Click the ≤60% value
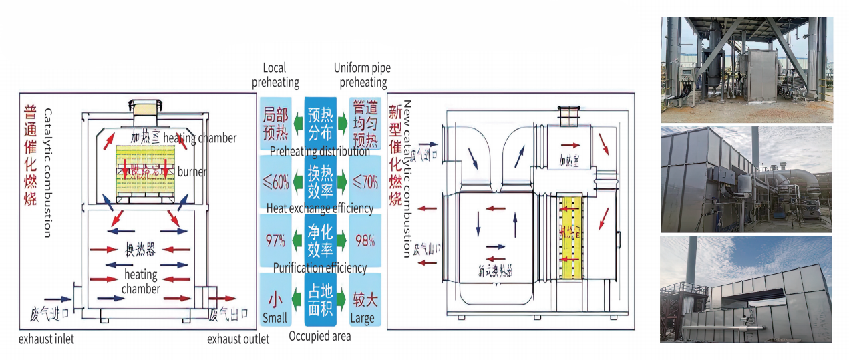[x=276, y=181]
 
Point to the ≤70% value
[x=365, y=181]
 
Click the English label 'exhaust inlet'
[x=46, y=339]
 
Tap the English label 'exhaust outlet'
[x=238, y=339]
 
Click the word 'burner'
[x=192, y=172]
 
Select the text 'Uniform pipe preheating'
[x=363, y=75]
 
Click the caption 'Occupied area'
[x=319, y=336]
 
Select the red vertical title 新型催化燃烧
[x=395, y=154]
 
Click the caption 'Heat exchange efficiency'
[x=319, y=208]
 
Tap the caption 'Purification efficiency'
[x=319, y=268]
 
